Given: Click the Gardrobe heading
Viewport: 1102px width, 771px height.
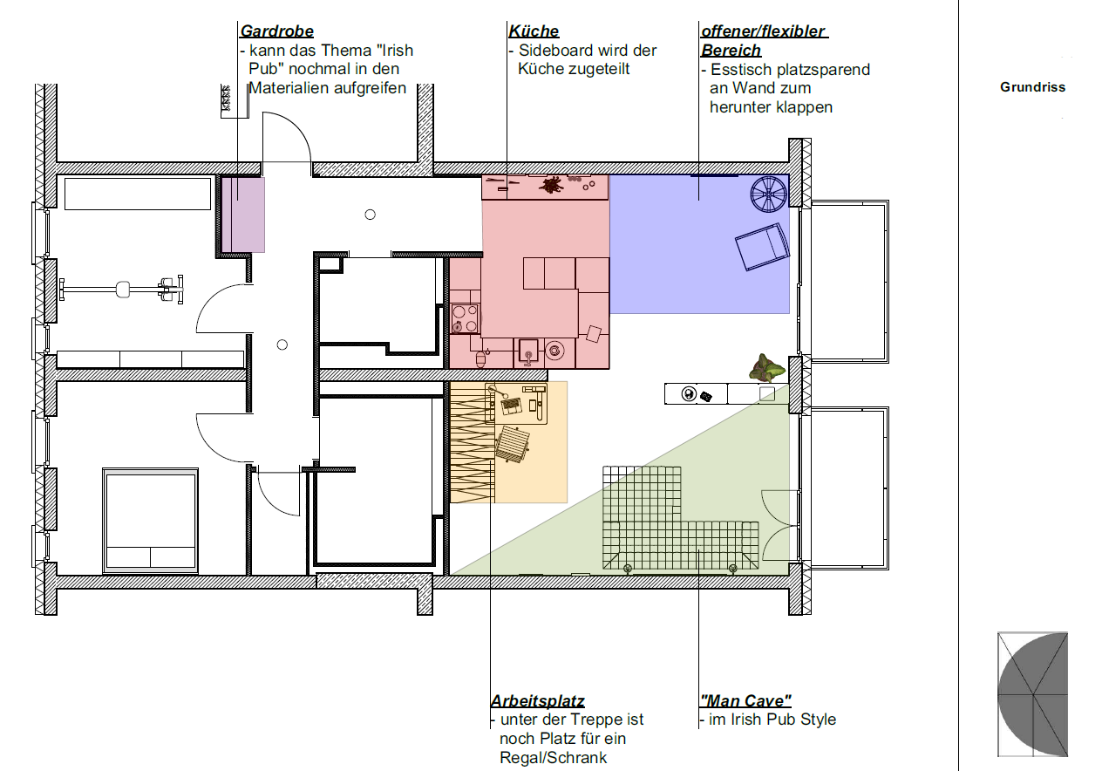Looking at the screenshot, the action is [276, 31].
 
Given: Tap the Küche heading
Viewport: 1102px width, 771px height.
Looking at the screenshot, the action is [534, 31].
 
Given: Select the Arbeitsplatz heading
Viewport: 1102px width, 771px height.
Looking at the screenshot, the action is [538, 700].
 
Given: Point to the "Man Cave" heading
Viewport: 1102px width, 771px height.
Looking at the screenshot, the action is [745, 700].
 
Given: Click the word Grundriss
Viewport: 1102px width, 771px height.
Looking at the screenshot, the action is [1032, 87].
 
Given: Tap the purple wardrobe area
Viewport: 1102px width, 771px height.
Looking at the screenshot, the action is [243, 215].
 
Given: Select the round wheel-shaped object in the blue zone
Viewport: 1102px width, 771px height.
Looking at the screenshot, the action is [768, 194].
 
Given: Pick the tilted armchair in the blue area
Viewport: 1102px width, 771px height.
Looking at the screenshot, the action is [762, 247].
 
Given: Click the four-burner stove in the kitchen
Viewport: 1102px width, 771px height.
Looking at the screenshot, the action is [465, 318].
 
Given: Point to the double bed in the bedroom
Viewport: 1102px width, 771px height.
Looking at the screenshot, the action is [151, 521].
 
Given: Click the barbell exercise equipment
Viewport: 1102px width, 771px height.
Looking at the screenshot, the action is [121, 290].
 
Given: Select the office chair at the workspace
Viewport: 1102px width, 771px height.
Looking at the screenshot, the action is [512, 444].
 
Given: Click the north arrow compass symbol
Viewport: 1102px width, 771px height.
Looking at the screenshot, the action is [1032, 694].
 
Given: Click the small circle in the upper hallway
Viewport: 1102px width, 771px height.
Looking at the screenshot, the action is [370, 215].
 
